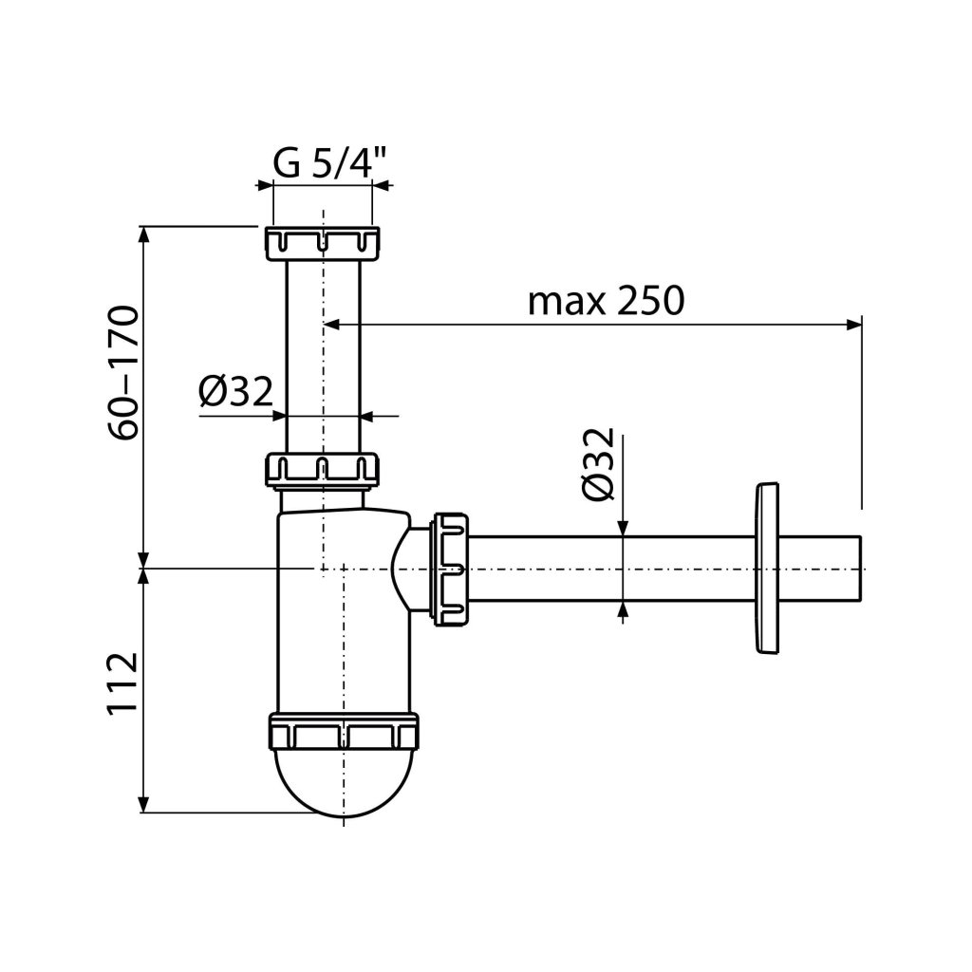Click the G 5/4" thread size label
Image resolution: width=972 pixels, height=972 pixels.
pos(329,163)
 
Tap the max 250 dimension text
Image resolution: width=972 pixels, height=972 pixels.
pos(606,301)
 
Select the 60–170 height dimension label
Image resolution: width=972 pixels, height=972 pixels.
pos(123,372)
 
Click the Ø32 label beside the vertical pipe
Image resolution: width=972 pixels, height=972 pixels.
pos(235,392)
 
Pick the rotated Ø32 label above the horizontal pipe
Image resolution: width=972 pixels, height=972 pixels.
pos(598,463)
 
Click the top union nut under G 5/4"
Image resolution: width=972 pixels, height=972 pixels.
pos(323,244)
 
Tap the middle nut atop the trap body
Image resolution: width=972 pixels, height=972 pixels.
pos(323,469)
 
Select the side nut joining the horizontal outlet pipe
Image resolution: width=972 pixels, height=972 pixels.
pos(451,569)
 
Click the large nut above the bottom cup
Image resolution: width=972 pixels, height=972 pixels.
pos(344,732)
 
